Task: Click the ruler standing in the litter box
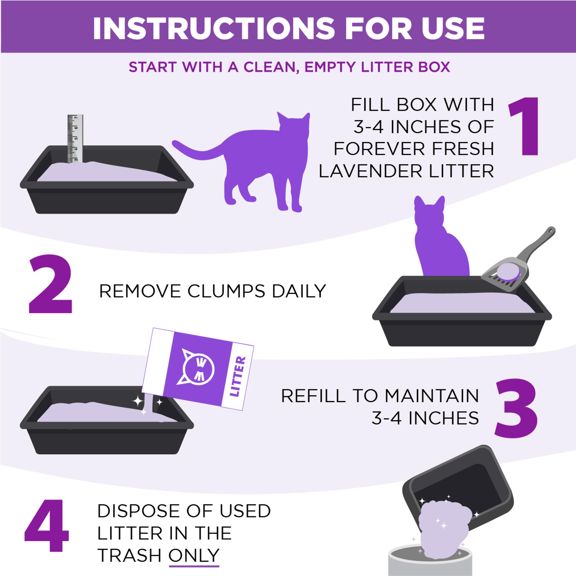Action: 75,139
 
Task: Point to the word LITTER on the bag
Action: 238,377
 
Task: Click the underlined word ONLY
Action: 194,555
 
